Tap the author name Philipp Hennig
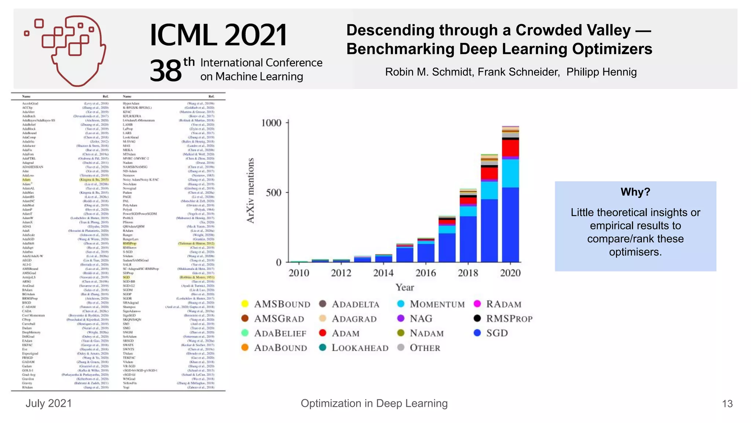[x=601, y=72]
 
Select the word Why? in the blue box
[x=635, y=192]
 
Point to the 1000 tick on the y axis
[x=271, y=123]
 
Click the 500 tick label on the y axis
[x=273, y=192]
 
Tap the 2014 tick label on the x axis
[x=383, y=273]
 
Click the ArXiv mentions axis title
[x=250, y=190]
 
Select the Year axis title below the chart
[x=404, y=287]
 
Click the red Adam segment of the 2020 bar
[x=510, y=148]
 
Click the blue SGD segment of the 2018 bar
[x=468, y=239]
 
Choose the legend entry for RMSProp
[x=509, y=319]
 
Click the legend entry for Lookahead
[x=360, y=348]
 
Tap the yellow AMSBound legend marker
[x=245, y=304]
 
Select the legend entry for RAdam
[x=503, y=304]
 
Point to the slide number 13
[x=727, y=404]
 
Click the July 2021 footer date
[x=49, y=404]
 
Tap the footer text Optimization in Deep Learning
[x=374, y=404]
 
